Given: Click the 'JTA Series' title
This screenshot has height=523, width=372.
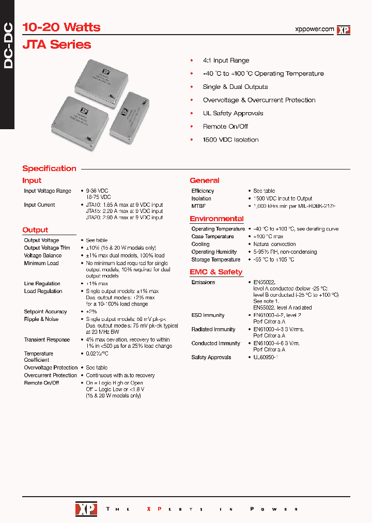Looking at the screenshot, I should (x=57, y=44).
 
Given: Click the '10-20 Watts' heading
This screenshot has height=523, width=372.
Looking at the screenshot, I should (x=61, y=27).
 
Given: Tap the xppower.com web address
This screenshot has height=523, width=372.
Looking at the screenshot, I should (x=314, y=29).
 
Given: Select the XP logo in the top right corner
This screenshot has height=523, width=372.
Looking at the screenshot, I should (x=344, y=30).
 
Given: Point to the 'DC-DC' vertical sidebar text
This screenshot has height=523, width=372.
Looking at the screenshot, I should (x=9, y=46).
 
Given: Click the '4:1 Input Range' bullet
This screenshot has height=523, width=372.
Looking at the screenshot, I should (x=226, y=60).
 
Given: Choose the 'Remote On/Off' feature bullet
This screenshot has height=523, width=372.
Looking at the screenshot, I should (x=225, y=127).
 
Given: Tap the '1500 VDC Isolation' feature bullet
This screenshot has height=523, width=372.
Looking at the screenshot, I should (x=230, y=140).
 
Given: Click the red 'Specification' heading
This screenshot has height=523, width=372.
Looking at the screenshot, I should (x=49, y=168).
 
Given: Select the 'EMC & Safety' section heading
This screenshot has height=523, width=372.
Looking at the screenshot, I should (x=216, y=272).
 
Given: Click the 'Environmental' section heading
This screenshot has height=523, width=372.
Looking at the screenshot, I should (x=216, y=219).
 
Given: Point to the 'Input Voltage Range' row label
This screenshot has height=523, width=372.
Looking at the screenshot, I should (x=48, y=191).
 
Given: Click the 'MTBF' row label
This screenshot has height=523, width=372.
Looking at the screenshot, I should (x=198, y=206).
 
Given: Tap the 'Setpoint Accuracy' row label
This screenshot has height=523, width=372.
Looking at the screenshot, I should (x=45, y=312).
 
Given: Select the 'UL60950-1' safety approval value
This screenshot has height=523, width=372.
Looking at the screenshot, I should (x=266, y=357).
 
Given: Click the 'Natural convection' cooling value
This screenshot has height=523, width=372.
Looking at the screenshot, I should (x=274, y=244).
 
